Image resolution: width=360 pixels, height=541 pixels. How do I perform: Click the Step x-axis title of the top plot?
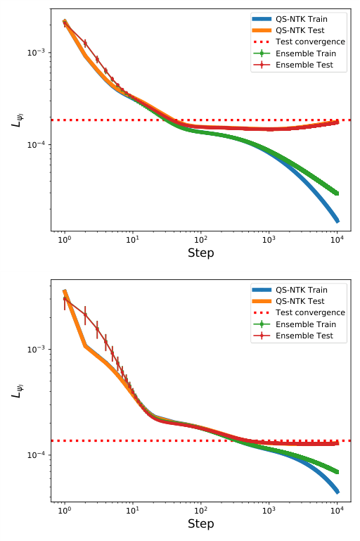(x=201, y=253)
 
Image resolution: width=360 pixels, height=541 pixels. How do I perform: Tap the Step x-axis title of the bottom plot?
(x=201, y=523)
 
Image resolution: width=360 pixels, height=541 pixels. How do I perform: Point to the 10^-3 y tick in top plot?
(x=35, y=53)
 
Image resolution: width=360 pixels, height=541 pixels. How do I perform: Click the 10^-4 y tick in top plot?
(x=35, y=145)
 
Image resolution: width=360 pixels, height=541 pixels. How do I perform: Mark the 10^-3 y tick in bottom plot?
(x=35, y=350)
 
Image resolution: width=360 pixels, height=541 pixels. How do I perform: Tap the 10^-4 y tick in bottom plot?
(x=35, y=455)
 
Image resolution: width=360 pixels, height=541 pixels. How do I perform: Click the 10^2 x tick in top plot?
(x=201, y=239)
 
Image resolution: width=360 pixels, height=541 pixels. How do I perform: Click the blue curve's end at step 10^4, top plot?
(x=337, y=221)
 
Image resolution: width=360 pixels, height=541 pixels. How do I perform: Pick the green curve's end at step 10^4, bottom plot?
(x=337, y=471)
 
